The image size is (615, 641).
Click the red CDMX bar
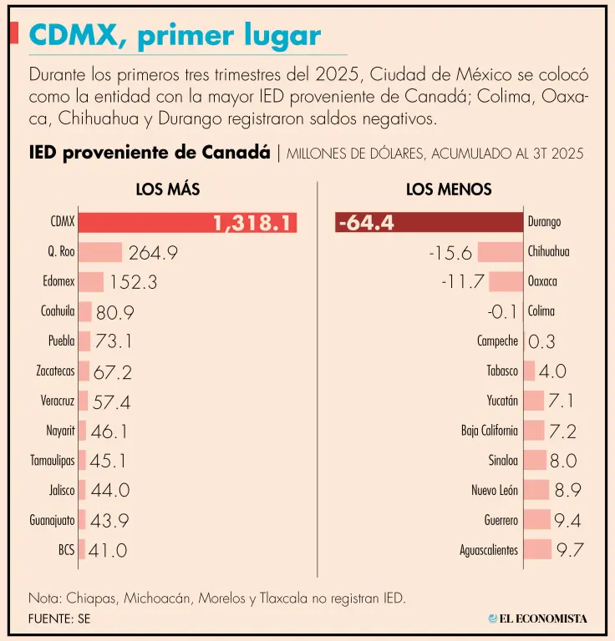[x=187, y=223]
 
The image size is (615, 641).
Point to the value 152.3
[x=133, y=282]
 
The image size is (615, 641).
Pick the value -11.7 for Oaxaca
[x=463, y=282]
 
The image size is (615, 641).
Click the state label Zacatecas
[x=55, y=371]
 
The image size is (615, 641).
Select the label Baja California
[x=489, y=431]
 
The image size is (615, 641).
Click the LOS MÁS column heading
[x=168, y=189]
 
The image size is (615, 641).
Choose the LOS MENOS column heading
[x=449, y=189]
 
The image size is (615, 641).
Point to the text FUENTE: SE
[x=59, y=619]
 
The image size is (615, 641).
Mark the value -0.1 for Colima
[x=503, y=312]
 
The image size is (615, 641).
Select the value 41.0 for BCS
[x=109, y=551]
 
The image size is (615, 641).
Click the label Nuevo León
[x=495, y=491]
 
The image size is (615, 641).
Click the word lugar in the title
[x=275, y=36]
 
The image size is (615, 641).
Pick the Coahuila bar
[x=85, y=312]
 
